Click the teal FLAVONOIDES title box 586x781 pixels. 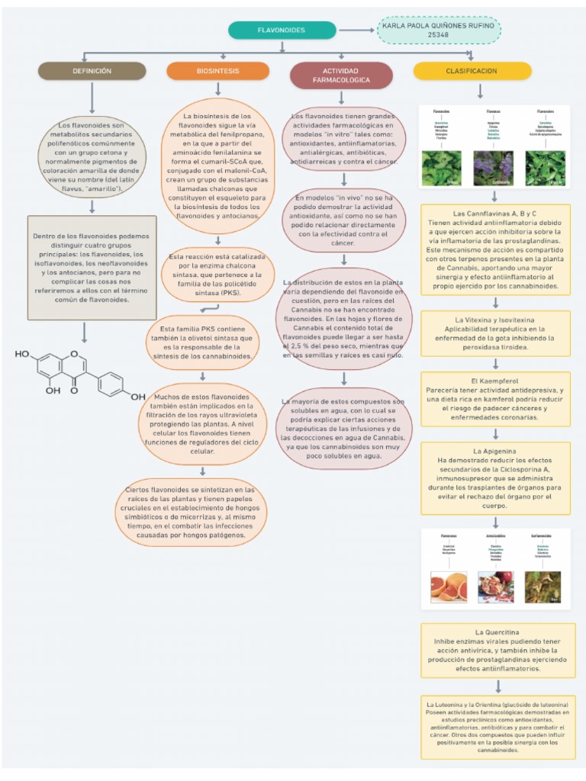point(282,30)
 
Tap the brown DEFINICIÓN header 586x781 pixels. point(92,71)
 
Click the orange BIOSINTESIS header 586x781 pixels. point(217,71)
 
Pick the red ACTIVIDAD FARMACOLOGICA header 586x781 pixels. point(341,75)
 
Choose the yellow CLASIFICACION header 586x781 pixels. point(471,71)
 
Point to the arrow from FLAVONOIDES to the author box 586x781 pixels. point(356,31)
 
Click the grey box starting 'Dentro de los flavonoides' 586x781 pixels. point(92,268)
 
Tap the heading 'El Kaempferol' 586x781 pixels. point(495,380)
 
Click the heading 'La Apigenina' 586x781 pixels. point(495,451)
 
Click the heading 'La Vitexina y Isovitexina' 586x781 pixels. point(494,319)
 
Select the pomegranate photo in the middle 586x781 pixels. point(495,586)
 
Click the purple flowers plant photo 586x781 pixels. point(495,168)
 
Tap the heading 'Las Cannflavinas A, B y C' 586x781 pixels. point(494,214)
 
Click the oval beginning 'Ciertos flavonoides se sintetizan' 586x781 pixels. point(191,512)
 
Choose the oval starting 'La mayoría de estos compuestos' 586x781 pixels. point(343,428)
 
